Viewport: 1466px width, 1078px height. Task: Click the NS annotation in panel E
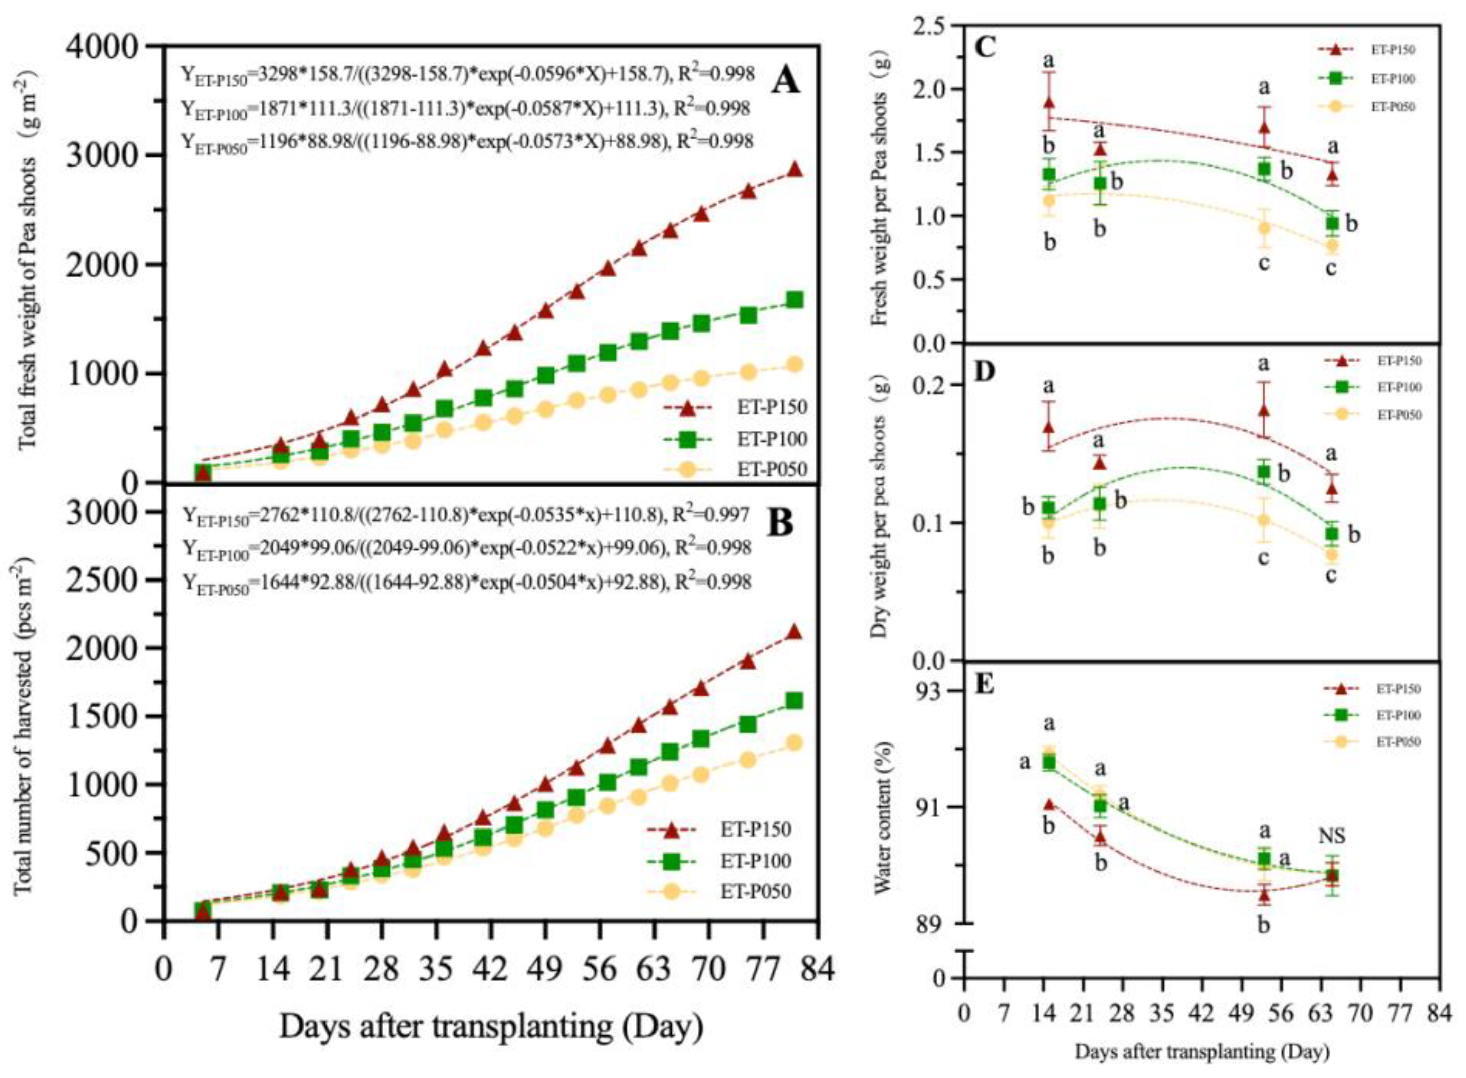click(1332, 836)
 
